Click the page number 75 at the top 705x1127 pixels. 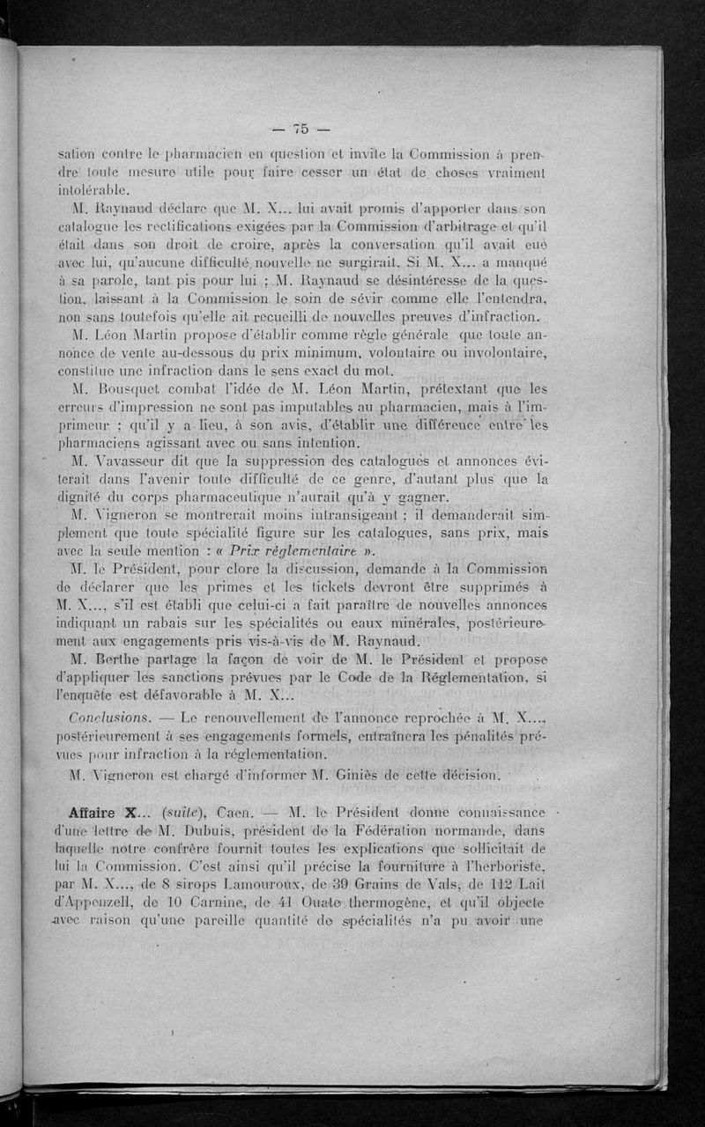click(x=301, y=128)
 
